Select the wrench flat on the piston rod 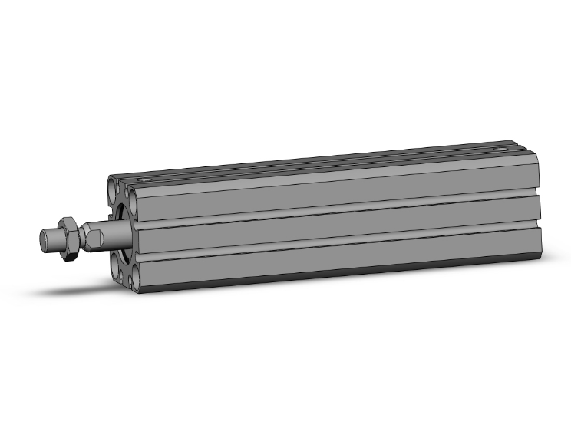click(92, 234)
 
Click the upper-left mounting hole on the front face click(113, 187)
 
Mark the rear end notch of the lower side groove click(539, 225)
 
